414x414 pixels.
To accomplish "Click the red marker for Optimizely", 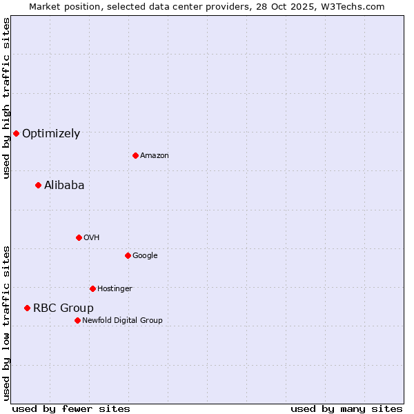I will [16, 133].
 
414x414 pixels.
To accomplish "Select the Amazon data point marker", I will [135, 155].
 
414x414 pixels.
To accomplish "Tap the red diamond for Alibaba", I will [38, 185].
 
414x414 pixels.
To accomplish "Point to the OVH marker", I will [79, 237].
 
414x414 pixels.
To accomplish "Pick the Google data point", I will [128, 255].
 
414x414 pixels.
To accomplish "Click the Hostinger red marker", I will [92, 288].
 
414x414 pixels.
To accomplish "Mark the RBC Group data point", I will [27, 308].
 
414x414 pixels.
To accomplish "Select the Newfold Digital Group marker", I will [77, 320].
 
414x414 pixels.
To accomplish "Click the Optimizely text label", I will [51, 134].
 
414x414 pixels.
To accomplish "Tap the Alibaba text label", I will [64, 185].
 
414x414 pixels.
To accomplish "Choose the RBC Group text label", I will [63, 308].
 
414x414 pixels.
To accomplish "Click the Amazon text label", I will [155, 155].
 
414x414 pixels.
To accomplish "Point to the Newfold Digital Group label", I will [122, 320].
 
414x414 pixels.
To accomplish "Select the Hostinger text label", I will [115, 288].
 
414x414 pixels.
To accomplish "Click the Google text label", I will [145, 255].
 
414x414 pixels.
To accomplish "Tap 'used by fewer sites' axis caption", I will [71, 408].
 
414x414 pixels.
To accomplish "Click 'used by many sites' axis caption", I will [346, 408].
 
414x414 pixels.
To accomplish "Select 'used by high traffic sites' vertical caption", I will [6, 98].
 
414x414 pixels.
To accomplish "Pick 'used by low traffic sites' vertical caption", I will [6, 323].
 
